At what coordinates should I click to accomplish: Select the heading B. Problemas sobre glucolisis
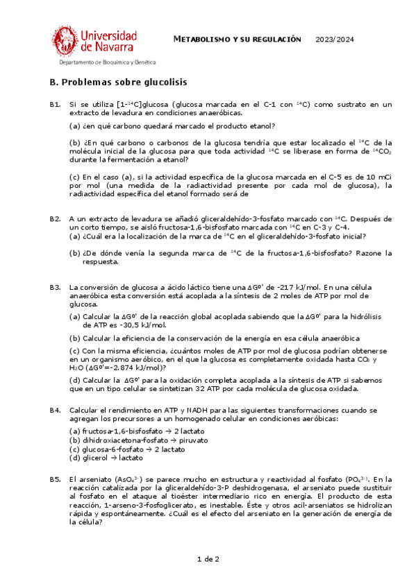tap(118, 82)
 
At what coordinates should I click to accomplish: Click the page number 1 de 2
tap(208, 559)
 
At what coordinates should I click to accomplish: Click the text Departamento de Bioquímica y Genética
tap(107, 62)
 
